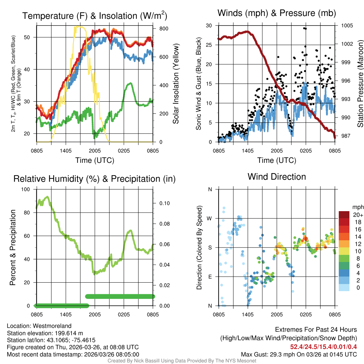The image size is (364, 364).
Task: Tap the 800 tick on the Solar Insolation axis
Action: (159, 28)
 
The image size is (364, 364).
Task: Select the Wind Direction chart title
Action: (277, 177)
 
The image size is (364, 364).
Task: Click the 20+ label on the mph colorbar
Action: (357, 215)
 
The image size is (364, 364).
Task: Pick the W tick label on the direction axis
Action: (210, 218)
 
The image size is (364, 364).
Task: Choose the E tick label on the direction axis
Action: (210, 277)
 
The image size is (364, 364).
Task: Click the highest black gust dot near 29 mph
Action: (304, 28)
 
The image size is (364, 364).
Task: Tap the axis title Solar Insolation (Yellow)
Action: (176, 84)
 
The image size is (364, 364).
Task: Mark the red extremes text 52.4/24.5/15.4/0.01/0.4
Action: (323, 347)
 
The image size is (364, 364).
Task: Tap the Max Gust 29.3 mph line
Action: (299, 354)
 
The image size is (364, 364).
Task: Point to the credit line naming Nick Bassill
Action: (182, 361)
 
